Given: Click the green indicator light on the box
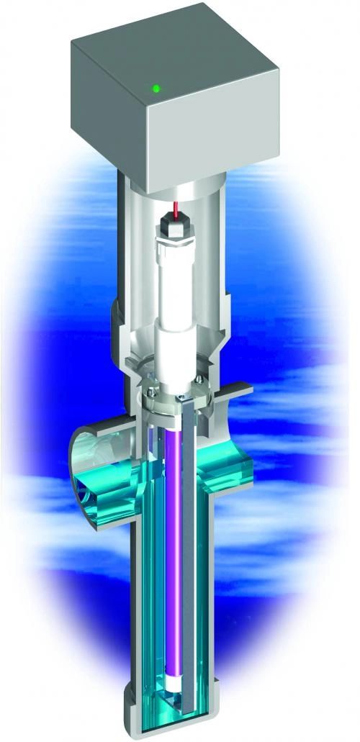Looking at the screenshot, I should tap(155, 89).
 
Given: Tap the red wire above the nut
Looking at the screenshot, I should tap(175, 209).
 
